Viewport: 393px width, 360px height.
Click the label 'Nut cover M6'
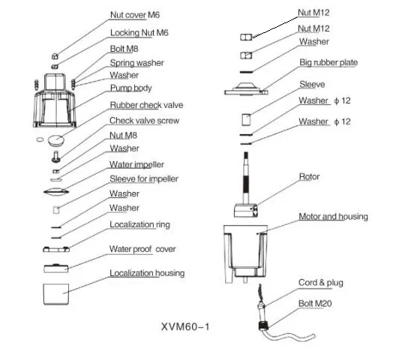(135, 15)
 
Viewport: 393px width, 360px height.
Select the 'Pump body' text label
(130, 88)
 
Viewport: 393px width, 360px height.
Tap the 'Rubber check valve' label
(146, 105)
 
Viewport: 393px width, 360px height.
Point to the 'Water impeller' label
(136, 164)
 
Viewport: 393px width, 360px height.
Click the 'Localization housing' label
(147, 273)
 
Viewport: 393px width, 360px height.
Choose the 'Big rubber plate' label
(328, 62)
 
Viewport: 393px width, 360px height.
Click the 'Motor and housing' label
(333, 217)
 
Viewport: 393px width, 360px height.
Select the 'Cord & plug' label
(321, 283)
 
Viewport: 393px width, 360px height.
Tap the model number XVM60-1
(185, 327)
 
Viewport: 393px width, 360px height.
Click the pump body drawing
(55, 100)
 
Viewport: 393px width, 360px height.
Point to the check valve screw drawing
(55, 156)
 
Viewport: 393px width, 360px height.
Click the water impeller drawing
(56, 192)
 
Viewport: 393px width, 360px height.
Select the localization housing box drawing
(56, 294)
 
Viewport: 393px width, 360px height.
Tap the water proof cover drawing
(56, 268)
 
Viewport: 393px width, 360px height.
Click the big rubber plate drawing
(246, 89)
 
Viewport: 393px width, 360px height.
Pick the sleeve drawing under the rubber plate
(246, 119)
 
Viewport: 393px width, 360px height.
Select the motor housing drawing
(246, 254)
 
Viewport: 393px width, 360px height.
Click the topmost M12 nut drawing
(246, 37)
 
